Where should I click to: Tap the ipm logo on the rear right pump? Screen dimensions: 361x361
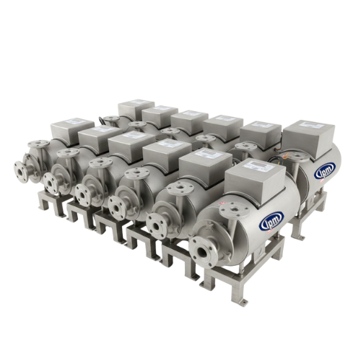click(323, 172)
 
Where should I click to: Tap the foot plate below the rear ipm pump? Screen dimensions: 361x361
click(303, 232)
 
